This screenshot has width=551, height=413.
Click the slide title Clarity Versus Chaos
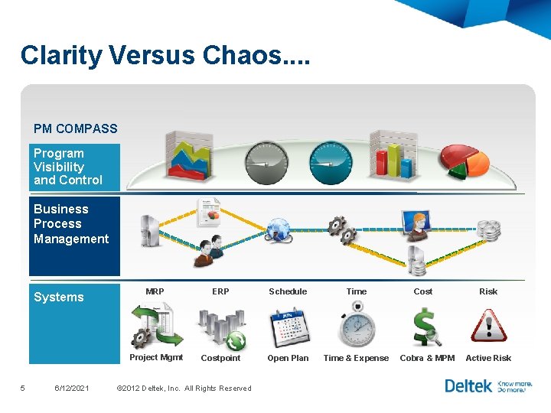coord(165,55)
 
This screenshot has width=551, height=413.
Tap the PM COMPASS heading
coord(76,128)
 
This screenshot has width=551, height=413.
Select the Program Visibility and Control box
coord(74,167)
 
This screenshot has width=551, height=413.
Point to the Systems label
coord(59,298)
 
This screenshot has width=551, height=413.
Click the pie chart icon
coord(463,158)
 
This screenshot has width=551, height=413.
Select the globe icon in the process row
coord(279,229)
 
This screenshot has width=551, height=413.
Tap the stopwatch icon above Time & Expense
coord(357,324)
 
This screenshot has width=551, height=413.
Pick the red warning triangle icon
coord(488,326)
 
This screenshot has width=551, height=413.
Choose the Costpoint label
coord(220,358)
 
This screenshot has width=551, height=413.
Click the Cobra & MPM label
coord(427,358)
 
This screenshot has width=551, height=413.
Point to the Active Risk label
coord(488,358)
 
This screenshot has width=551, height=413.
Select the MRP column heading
coord(155,291)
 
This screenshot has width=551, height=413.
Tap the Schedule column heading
coord(288,291)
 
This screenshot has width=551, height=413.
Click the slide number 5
coord(23,389)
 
